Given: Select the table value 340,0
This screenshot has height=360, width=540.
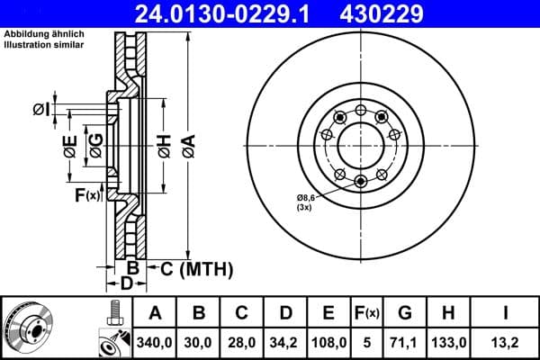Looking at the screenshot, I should pyautogui.click(x=156, y=342).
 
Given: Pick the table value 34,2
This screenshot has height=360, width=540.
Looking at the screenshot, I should pyautogui.click(x=285, y=342).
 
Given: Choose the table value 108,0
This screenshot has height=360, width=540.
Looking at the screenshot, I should pyautogui.click(x=328, y=342).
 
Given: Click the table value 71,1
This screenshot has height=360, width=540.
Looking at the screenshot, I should pyautogui.click(x=405, y=342).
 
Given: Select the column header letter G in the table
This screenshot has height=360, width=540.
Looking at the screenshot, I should pyautogui.click(x=405, y=313).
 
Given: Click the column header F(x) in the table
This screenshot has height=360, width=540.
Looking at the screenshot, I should pyautogui.click(x=367, y=313).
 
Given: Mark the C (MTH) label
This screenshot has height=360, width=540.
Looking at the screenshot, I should pyautogui.click(x=196, y=268).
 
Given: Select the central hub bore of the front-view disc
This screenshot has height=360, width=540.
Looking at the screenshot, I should pyautogui.click(x=361, y=143).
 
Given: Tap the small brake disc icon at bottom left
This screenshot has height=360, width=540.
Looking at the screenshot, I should pyautogui.click(x=29, y=328).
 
